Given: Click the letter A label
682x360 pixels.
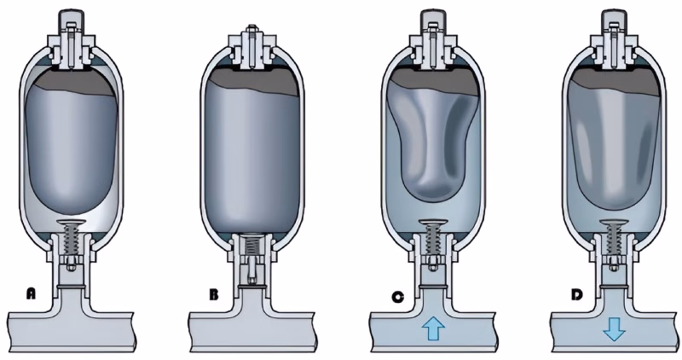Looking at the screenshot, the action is click(x=31, y=293).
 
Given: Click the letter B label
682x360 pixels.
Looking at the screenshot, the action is click(x=214, y=294).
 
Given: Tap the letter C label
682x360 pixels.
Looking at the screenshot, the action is click(x=397, y=297).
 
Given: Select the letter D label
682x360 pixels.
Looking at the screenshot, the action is click(x=577, y=295).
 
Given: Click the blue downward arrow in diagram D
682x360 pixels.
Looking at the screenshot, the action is click(x=614, y=329).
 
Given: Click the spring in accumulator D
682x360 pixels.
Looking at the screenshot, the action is click(x=614, y=240).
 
